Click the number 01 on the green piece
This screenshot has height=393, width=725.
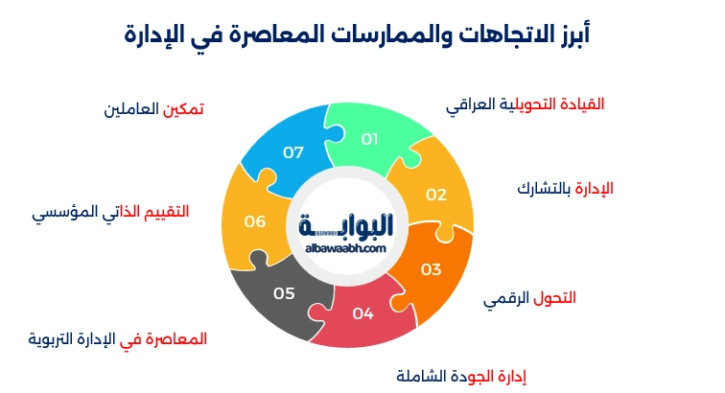370,139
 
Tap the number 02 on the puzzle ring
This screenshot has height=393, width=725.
436,195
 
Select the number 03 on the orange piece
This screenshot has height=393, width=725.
431,269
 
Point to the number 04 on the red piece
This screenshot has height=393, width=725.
362,313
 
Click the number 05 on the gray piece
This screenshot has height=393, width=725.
284,293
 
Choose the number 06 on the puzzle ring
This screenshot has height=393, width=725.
254,221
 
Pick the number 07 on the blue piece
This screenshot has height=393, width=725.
293,152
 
